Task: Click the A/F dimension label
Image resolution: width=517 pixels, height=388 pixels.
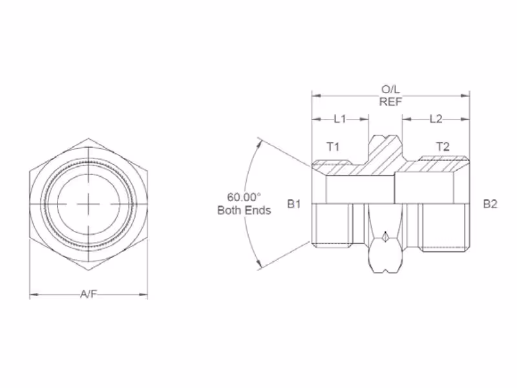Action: click(89, 294)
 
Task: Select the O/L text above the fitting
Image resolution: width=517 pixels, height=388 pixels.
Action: click(391, 89)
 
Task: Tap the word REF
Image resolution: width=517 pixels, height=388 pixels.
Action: click(391, 102)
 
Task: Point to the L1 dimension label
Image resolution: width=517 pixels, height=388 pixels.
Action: click(340, 119)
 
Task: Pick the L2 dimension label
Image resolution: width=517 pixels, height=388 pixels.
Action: click(436, 119)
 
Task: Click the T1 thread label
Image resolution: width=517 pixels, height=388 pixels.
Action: click(333, 147)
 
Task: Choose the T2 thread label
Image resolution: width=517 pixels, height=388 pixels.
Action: click(443, 147)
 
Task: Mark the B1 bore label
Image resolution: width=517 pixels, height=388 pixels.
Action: click(294, 204)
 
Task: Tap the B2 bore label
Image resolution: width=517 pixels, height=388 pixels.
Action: click(490, 204)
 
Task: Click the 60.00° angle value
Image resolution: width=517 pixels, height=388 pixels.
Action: click(244, 197)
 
